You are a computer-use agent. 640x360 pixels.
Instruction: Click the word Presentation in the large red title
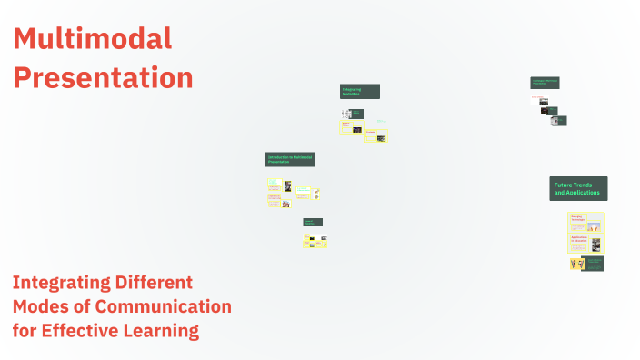coord(103,77)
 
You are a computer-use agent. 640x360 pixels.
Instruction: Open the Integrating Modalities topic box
coord(359,92)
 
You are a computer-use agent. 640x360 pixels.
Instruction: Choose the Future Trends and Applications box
coord(578,189)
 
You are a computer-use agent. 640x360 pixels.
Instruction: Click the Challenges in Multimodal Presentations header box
coord(545,83)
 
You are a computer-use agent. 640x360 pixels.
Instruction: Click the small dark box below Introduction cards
coord(313,222)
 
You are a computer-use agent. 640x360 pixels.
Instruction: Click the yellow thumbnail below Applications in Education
coord(576,264)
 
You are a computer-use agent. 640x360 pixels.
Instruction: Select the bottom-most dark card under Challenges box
coord(559,121)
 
